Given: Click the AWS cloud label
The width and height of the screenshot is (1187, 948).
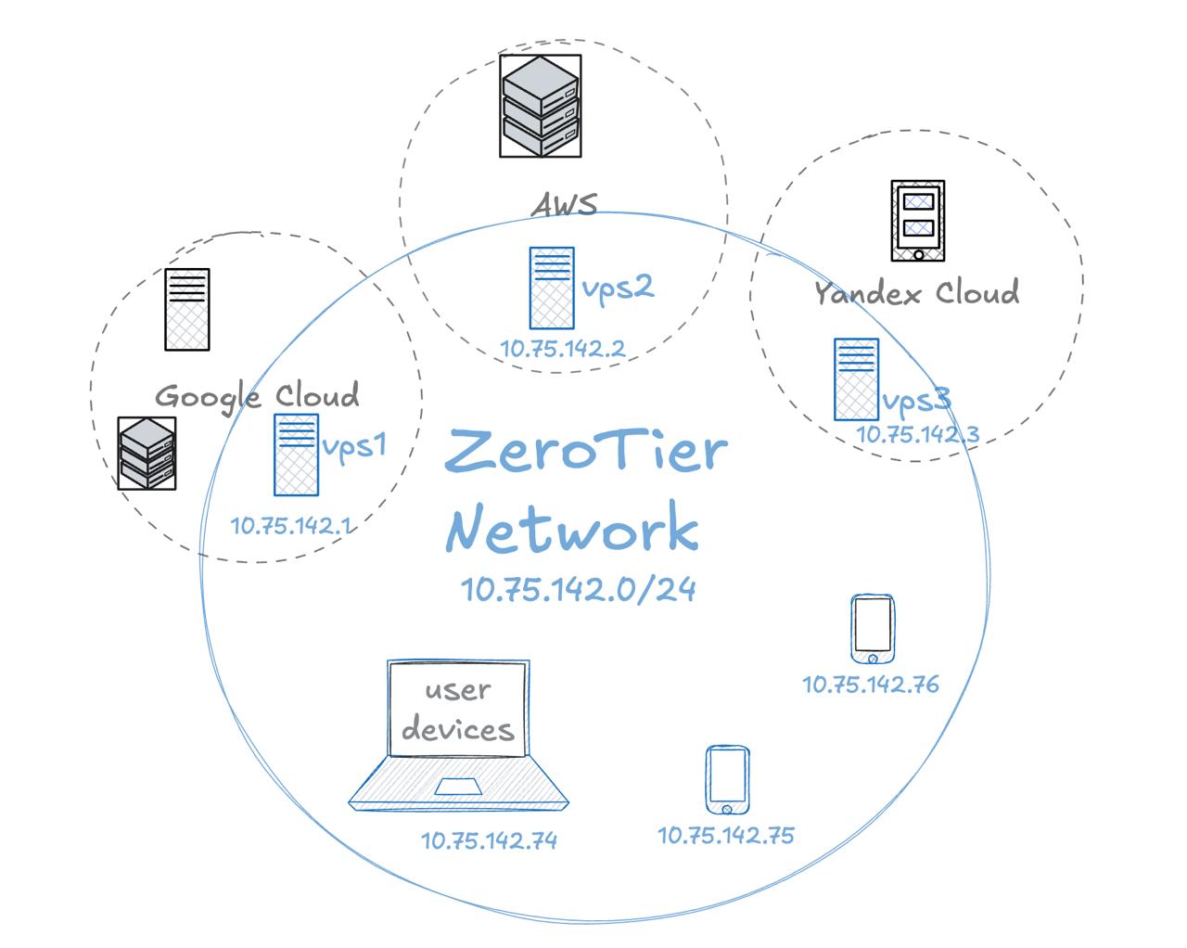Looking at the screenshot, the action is [x=564, y=204].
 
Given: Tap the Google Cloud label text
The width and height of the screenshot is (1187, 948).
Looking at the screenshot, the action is [x=257, y=397].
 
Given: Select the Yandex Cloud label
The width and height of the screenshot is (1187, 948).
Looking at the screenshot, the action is [x=917, y=292].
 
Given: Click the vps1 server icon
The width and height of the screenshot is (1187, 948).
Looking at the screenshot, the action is [x=296, y=455].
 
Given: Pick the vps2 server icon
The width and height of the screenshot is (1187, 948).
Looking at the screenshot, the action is [x=552, y=288].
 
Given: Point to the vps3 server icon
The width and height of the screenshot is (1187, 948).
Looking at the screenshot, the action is [x=856, y=379].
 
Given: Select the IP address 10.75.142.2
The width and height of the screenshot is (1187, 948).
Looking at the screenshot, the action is [x=563, y=349].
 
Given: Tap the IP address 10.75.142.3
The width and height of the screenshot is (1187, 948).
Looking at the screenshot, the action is [x=918, y=434].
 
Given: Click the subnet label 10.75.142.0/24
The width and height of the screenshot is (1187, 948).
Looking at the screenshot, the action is [x=578, y=590].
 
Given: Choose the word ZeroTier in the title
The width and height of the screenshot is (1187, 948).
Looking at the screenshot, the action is [x=586, y=451].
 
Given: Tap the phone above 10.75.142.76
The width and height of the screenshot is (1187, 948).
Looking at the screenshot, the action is [x=873, y=629].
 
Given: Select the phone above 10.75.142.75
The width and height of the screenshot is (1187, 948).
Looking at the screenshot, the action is [x=728, y=780].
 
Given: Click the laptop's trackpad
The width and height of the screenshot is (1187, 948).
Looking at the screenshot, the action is [x=458, y=787].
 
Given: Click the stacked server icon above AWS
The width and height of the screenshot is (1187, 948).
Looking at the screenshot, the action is [x=541, y=106].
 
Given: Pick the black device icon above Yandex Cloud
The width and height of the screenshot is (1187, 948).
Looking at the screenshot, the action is [x=918, y=220].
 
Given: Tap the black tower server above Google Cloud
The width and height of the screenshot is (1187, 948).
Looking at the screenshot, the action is [x=187, y=310].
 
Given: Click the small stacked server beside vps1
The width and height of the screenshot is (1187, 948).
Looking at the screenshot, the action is [x=147, y=453].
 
